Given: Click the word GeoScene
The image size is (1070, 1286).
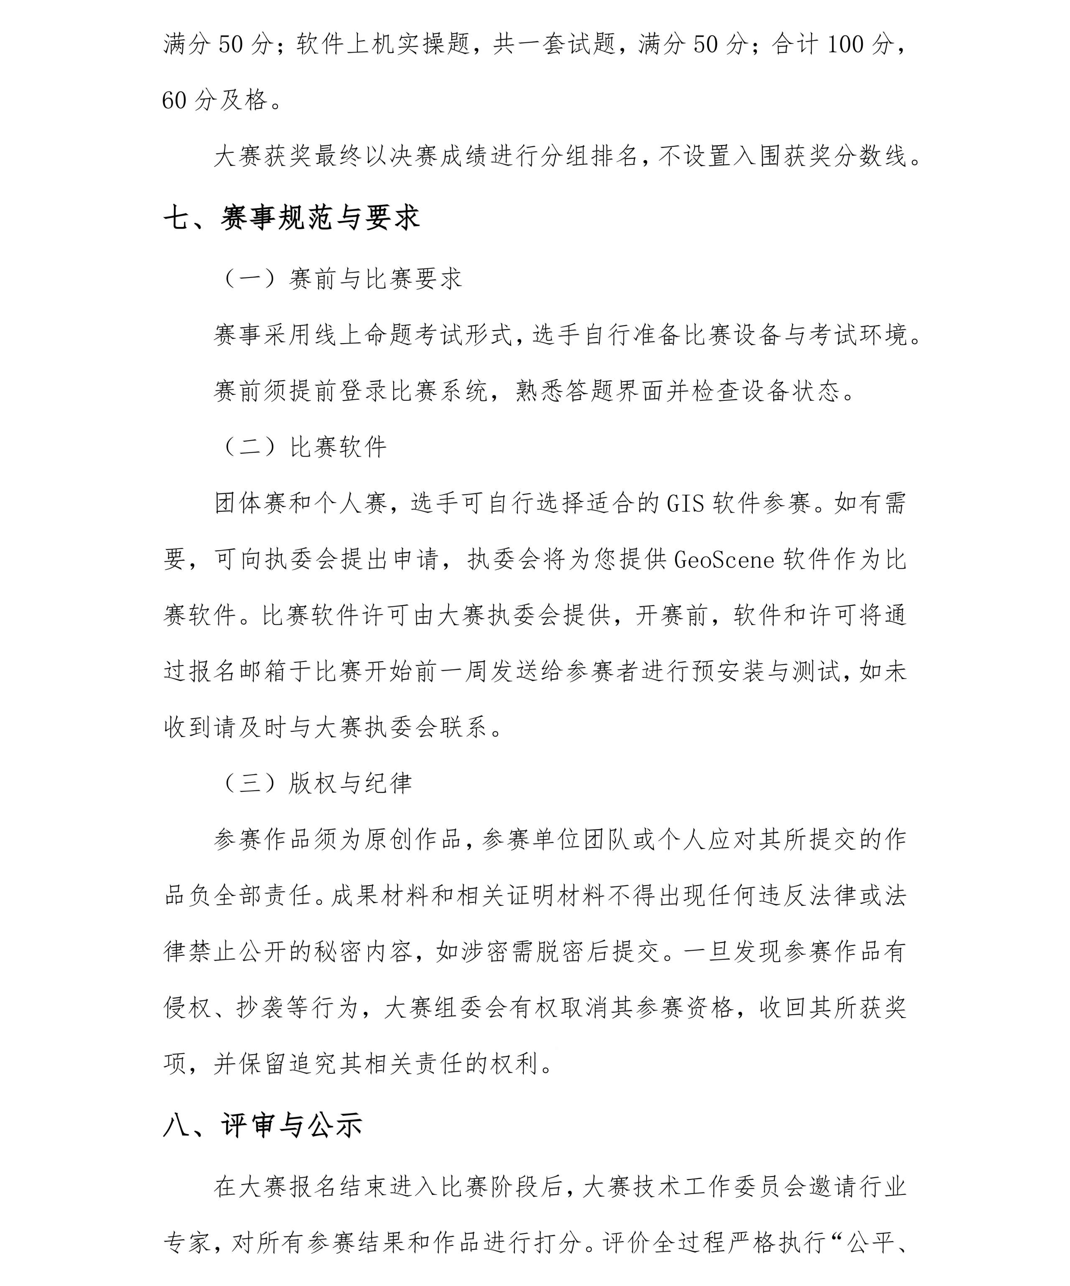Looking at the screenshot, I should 724,559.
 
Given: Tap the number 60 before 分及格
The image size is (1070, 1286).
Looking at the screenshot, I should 174,100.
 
